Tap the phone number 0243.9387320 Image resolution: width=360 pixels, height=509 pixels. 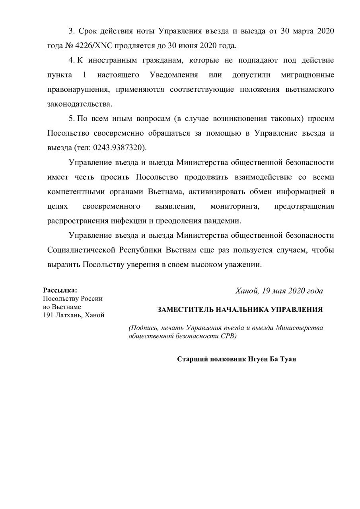point(119,148)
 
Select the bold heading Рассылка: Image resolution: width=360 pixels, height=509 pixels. point(60,290)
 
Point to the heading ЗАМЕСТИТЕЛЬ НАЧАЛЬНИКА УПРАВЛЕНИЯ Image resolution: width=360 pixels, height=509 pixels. point(240,309)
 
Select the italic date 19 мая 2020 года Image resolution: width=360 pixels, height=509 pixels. point(292,291)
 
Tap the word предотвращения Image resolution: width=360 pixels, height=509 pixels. point(304,206)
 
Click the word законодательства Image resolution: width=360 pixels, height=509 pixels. point(80,104)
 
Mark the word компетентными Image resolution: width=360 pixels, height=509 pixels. point(75,192)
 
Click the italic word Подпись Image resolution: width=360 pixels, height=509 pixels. point(143,328)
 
